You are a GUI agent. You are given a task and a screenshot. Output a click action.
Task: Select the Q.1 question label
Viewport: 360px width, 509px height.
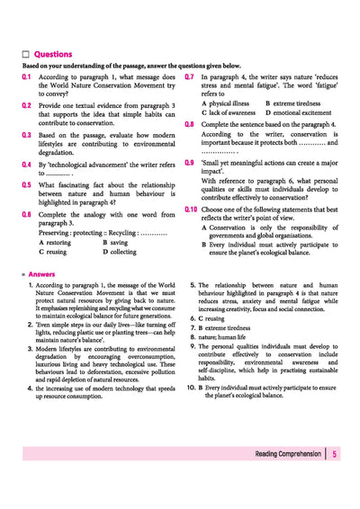coord(27,77)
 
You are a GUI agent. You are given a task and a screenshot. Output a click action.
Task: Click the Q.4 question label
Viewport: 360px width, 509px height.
coord(27,165)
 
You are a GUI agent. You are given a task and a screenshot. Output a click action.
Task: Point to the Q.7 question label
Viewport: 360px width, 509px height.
coord(190,77)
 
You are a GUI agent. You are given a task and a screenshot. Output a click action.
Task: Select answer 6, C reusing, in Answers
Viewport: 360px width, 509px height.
coord(210,318)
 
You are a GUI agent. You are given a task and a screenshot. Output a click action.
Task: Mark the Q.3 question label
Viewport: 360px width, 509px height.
coord(27,134)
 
